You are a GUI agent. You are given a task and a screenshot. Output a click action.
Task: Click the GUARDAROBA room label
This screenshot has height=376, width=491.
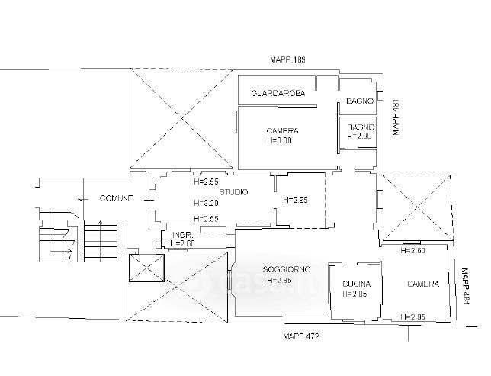pyautogui.click(x=278, y=93)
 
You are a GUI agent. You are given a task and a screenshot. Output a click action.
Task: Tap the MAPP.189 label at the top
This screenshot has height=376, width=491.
pyautogui.click(x=287, y=59)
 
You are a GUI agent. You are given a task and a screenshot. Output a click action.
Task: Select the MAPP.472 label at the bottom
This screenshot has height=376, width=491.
pyautogui.click(x=300, y=336)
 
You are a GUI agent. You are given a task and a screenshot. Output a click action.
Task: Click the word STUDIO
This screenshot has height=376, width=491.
pyautogui.click(x=233, y=192)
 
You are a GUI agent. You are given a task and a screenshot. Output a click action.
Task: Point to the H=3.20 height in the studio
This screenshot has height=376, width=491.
pyautogui.click(x=206, y=203)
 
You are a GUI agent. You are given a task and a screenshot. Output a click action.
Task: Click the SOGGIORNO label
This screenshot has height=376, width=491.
pyautogui.click(x=287, y=269)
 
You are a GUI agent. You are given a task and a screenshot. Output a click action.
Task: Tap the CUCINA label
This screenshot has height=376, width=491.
pyautogui.click(x=356, y=284)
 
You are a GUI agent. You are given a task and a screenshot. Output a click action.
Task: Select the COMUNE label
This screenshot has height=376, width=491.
pyautogui.click(x=116, y=198)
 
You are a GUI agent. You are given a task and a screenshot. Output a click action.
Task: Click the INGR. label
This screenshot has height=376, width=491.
pyautogui.click(x=181, y=235)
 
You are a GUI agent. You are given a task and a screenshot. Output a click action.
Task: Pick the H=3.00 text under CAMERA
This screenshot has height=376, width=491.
pyautogui.click(x=279, y=140)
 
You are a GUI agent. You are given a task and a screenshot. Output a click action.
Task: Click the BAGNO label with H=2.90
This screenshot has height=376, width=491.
pyautogui.click(x=361, y=127)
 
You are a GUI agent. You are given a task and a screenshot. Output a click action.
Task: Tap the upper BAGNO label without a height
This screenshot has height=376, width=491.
pyautogui.click(x=360, y=101)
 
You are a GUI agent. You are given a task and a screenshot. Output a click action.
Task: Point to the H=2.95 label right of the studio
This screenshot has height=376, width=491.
pyautogui.click(x=295, y=200)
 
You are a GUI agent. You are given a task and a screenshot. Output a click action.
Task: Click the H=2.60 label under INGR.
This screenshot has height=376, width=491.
pyautogui.click(x=182, y=243)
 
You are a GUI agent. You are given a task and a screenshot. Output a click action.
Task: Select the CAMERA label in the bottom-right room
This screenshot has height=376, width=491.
pyautogui.click(x=423, y=284)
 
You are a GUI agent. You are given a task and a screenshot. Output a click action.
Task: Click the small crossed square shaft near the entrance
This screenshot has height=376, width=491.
pyautogui.click(x=147, y=268)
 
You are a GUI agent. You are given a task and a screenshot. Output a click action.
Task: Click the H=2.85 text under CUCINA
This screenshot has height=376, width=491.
pyautogui.click(x=355, y=294)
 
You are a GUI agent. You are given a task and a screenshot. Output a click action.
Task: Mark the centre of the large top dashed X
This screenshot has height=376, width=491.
pyautogui.click(x=181, y=118)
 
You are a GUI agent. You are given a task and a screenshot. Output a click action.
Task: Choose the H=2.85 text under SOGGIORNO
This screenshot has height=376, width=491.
pyautogui.click(x=279, y=281)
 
